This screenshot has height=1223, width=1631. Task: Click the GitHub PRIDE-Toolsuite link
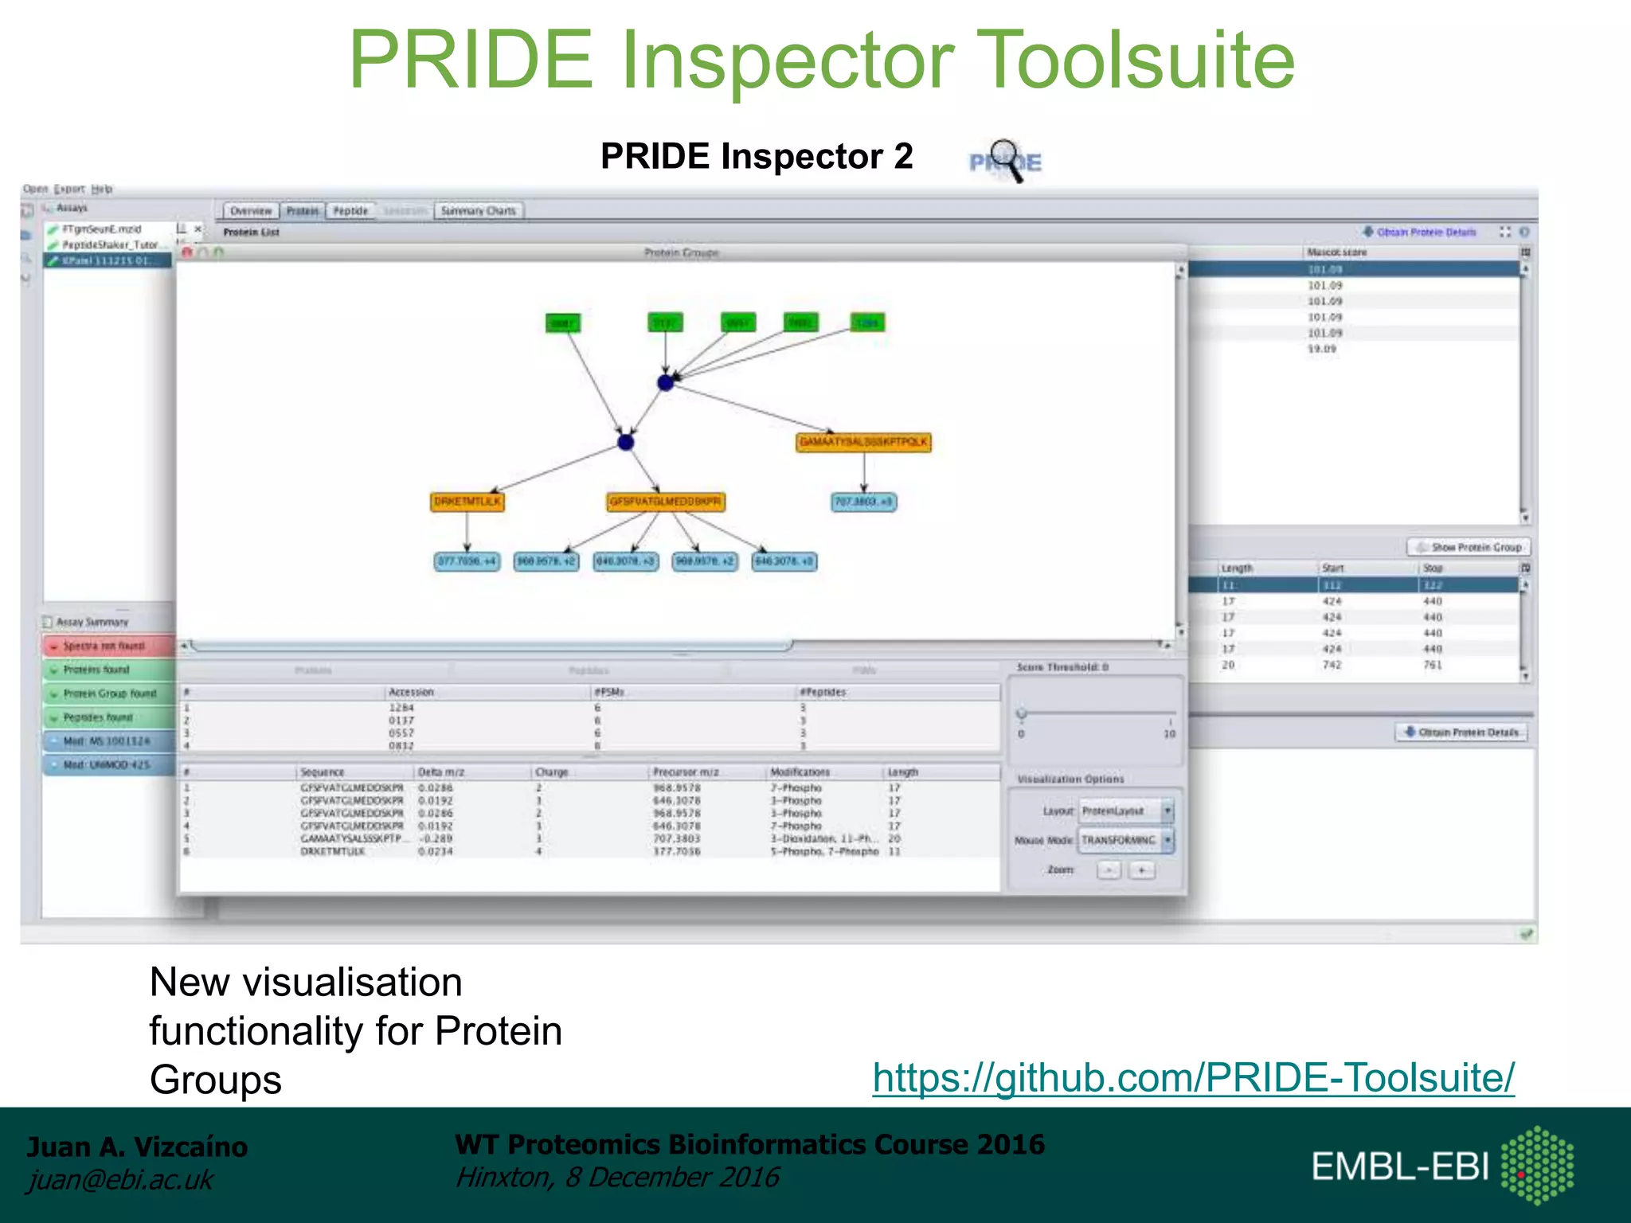(x=1193, y=1077)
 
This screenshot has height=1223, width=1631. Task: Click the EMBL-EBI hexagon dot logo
(x=1537, y=1165)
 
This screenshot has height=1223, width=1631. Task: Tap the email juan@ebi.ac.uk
(x=120, y=1179)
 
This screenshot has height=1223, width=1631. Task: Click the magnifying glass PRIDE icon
(x=1005, y=161)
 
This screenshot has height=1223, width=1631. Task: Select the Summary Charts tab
(x=479, y=211)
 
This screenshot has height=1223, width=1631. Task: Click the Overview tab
(x=251, y=211)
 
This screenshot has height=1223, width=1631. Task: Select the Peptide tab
(x=350, y=211)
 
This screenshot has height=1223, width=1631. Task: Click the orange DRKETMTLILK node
(x=467, y=502)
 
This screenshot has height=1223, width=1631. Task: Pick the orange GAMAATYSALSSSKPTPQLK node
(x=863, y=442)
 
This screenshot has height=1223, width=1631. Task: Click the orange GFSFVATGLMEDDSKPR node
(x=666, y=502)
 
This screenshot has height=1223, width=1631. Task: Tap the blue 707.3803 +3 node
(x=863, y=502)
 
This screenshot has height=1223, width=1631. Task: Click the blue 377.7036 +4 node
(x=467, y=561)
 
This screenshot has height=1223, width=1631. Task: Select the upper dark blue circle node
(x=666, y=383)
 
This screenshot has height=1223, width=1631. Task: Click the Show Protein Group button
(x=1469, y=547)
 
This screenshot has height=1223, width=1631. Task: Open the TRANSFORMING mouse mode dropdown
(x=1125, y=840)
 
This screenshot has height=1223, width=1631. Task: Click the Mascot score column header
(x=1337, y=252)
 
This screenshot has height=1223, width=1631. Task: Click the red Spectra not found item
(x=108, y=646)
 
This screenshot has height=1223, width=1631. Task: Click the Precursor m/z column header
(x=686, y=772)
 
